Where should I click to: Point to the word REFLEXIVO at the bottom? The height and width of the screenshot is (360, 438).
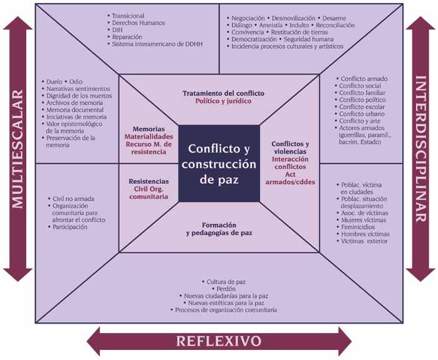tap(219, 342)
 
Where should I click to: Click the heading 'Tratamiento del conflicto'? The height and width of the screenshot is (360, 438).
tap(224, 93)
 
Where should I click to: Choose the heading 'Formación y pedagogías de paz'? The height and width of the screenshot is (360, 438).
tap(219, 229)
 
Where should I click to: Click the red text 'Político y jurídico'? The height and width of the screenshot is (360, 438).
tap(224, 100)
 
